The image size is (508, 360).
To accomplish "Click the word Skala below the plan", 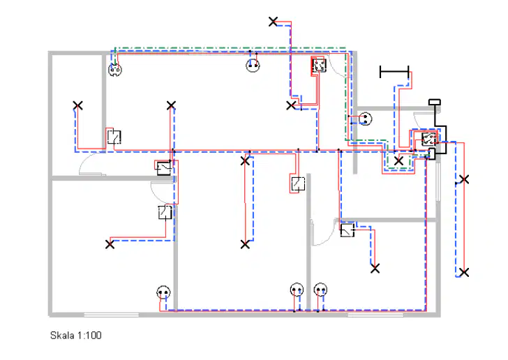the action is pos(62,336).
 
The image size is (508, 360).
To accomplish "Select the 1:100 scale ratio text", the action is pos(89,336).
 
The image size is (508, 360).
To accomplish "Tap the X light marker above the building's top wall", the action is pos(273,22).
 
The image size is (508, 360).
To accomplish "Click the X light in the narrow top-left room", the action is pos(77,105).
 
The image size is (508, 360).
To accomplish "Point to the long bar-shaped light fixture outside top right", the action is pos(394,72).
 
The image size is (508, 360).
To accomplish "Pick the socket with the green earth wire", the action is pos(114,69).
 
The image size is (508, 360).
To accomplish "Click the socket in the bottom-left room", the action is pos(163,292).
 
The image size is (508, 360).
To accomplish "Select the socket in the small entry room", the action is pos(365,119).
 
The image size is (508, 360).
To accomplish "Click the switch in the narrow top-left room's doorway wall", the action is pos(114,137).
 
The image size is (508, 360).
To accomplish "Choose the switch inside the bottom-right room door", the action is pos(347,230).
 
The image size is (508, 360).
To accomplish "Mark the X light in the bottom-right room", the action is pos(375,269).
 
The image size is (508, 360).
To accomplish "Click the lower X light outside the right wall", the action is pos(464,272).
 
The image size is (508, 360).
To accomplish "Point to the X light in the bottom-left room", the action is pos(110,244).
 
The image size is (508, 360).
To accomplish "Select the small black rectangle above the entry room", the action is pos(435,102).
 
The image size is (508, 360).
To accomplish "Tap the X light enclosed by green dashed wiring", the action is pos(398,160).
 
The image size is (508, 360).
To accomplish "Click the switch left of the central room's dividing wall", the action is pos(298,183).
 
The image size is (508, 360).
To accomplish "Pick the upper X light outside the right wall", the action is pos(464,179).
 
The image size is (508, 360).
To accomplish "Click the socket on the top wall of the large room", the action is pos(253,66).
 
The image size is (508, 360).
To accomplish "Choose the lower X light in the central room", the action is pos(245,244).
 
